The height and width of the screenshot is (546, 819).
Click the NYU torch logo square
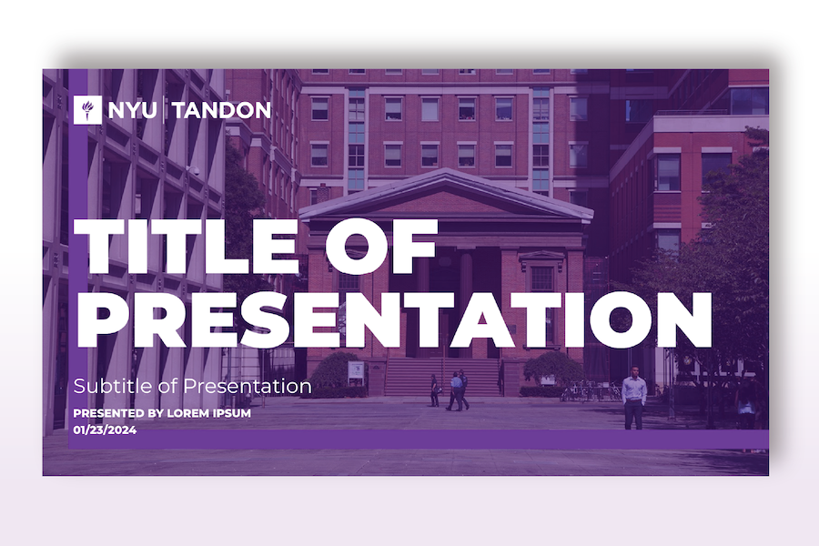tap(87, 110)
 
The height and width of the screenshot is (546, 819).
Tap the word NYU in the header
tap(132, 110)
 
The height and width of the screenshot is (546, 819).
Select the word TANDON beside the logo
tap(221, 110)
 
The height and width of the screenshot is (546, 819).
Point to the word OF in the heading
tap(381, 246)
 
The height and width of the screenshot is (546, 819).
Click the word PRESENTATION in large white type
tap(394, 319)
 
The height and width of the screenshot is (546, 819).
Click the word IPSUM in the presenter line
tap(232, 413)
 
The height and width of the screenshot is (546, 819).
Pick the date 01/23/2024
tap(105, 430)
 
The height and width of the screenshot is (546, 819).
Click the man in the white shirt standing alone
tap(634, 398)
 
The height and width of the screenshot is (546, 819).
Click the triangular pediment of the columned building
tap(446, 195)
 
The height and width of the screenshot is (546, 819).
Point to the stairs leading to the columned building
tap(442, 377)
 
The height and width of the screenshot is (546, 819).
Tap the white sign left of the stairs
tap(356, 373)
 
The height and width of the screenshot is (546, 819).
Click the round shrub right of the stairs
tap(553, 369)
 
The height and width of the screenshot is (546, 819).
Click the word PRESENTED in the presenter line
tap(108, 413)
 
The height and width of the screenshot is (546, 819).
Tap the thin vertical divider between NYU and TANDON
tap(165, 110)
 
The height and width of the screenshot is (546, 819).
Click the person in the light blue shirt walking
tap(457, 390)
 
